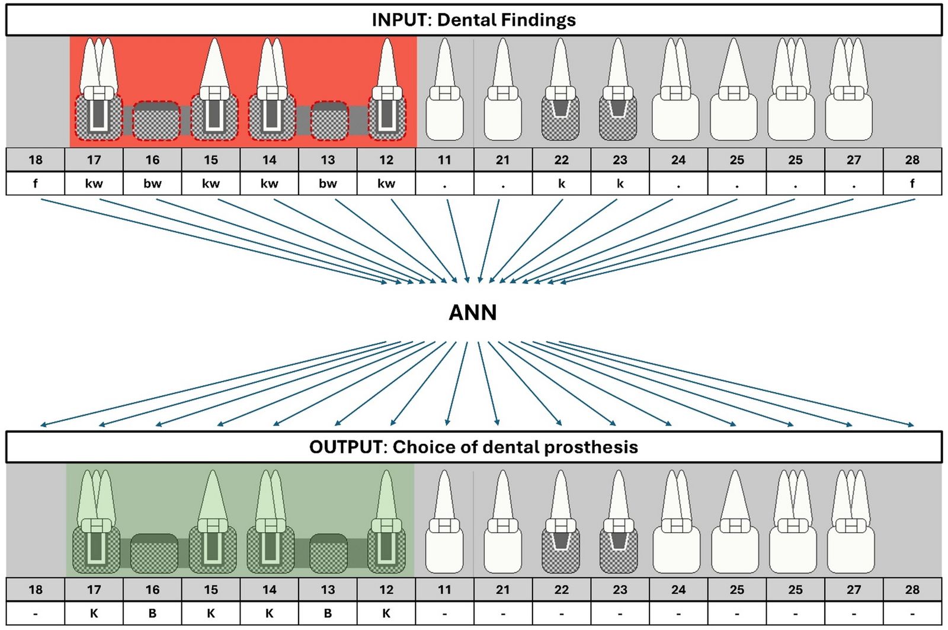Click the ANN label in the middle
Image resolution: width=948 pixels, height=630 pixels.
[472, 312]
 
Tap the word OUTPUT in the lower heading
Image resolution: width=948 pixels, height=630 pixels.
[345, 447]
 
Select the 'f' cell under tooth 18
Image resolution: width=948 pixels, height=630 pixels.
[35, 184]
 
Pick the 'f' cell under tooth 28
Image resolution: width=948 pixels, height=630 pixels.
[912, 184]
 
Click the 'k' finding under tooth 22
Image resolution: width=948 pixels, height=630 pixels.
[561, 184]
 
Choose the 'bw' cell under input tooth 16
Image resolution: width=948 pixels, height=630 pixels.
[152, 184]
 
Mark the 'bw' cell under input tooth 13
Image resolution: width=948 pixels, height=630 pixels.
[328, 184]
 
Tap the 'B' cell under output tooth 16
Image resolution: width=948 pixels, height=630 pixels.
[152, 613]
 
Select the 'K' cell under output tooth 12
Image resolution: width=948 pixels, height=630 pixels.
[386, 613]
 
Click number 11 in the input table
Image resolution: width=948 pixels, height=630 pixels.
[444, 160]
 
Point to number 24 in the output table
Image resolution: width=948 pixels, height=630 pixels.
[678, 590]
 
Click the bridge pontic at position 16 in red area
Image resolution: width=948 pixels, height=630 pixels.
[155, 121]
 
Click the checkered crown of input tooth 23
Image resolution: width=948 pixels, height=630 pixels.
[618, 119]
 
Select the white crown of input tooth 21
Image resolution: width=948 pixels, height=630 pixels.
[502, 119]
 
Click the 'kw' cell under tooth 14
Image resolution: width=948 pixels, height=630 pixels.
[269, 184]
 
